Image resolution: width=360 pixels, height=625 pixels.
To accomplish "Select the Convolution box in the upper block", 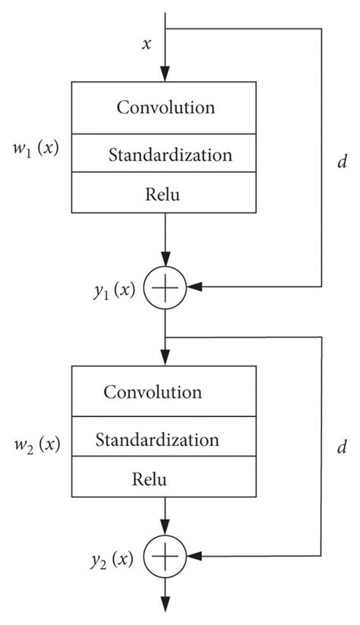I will pyautogui.click(x=166, y=107).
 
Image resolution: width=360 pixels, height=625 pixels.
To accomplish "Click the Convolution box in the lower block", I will pyautogui.click(x=166, y=392).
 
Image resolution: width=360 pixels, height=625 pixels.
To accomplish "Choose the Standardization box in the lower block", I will pyautogui.click(x=166, y=440).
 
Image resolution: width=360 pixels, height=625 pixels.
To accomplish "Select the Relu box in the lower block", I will pyautogui.click(x=166, y=479).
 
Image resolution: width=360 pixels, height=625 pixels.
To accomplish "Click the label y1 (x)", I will pyautogui.click(x=111, y=289).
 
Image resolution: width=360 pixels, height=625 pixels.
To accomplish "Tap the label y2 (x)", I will pyautogui.click(x=111, y=560).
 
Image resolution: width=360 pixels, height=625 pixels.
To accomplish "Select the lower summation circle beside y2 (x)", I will pyautogui.click(x=166, y=558).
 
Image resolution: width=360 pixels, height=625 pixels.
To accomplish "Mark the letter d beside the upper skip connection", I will pyautogui.click(x=341, y=162).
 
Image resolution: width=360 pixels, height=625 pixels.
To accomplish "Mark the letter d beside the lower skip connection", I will pyautogui.click(x=341, y=447).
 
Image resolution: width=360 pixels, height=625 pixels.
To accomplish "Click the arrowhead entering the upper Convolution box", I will pyautogui.click(x=166, y=73).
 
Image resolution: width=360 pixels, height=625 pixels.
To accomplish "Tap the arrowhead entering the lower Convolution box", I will pyautogui.click(x=166, y=358).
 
